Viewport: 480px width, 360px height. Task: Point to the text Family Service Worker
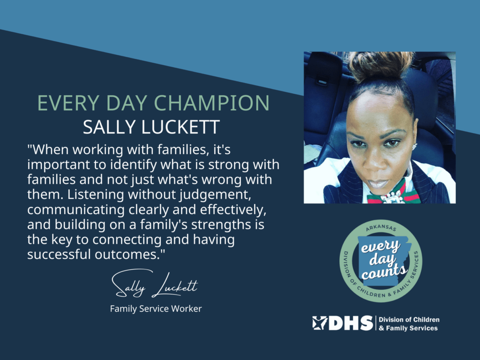pos(156,308)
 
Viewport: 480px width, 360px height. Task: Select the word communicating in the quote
pos(76,210)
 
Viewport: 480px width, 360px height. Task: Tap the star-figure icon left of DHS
pos(320,323)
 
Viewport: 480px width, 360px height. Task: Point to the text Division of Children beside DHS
pos(409,320)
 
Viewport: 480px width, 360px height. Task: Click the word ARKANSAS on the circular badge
pos(381,226)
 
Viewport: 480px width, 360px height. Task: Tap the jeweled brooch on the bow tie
pos(392,199)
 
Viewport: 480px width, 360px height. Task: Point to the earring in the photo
pos(415,146)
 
